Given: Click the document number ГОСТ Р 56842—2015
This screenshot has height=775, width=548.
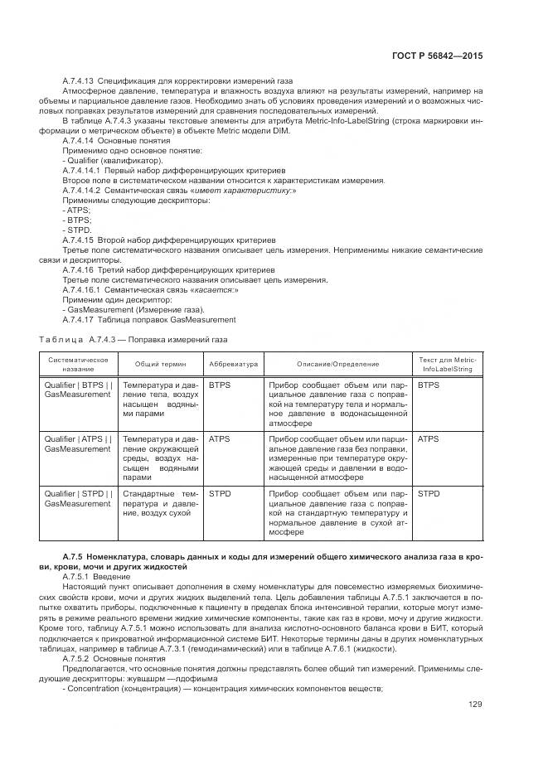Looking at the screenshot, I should [436, 56].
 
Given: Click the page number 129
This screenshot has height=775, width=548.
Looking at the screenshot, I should [474, 705].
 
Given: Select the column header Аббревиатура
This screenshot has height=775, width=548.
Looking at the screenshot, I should [233, 364].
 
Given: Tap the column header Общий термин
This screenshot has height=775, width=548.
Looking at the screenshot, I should [161, 364].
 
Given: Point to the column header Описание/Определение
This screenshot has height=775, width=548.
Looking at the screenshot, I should [337, 364].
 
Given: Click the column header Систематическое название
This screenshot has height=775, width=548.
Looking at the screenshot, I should [79, 364].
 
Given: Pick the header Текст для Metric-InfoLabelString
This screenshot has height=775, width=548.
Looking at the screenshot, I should [448, 364].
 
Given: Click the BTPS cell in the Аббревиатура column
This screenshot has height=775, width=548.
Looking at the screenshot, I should [220, 385].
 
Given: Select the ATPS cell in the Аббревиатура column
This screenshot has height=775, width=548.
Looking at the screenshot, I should [220, 439].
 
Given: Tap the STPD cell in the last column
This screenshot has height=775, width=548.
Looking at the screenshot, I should [429, 493].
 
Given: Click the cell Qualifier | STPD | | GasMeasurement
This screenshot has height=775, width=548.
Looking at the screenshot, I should [78, 498].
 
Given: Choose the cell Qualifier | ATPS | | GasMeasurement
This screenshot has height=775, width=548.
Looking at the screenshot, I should [78, 444].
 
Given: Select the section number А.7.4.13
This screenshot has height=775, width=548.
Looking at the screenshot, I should [80, 80].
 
